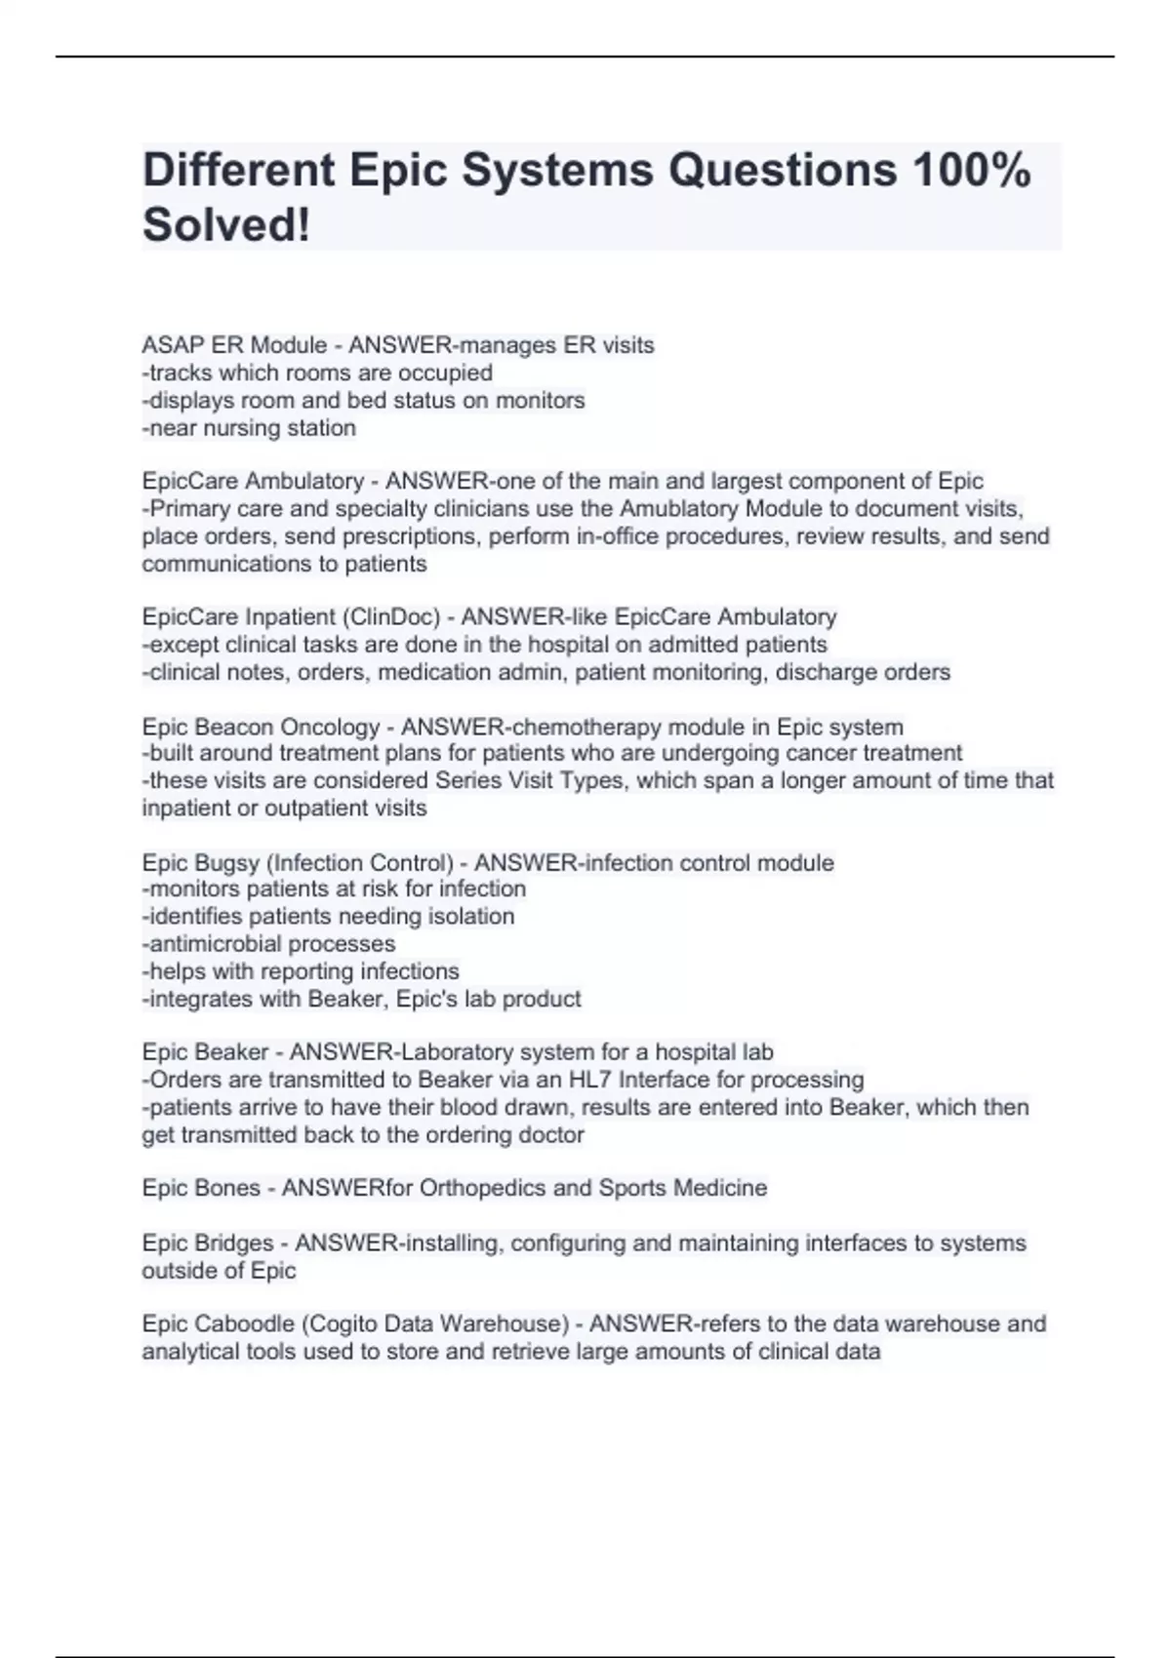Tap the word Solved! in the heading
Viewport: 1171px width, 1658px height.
click(226, 225)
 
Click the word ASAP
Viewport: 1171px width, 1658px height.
click(166, 345)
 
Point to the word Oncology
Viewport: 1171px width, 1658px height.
click(331, 728)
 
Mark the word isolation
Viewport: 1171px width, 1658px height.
click(471, 917)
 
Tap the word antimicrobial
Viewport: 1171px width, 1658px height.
click(223, 944)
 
